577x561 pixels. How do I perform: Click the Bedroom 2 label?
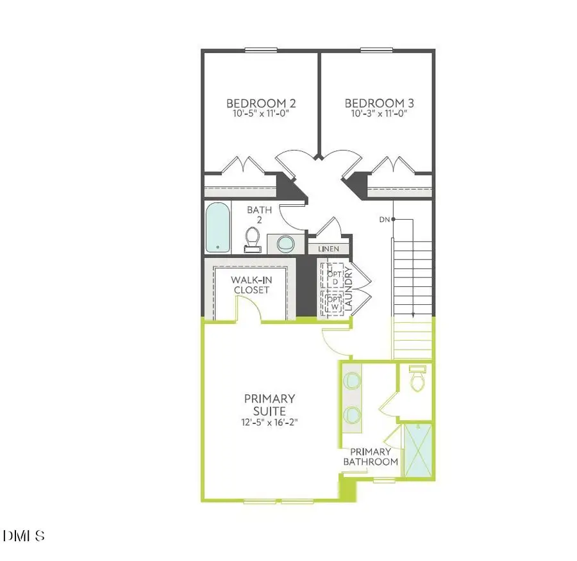[x=261, y=103]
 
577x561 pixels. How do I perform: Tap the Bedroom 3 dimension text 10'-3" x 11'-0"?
[x=376, y=114]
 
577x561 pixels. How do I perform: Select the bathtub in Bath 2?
[x=216, y=228]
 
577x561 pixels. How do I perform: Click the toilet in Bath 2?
[x=251, y=240]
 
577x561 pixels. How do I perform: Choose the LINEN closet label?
[x=328, y=248]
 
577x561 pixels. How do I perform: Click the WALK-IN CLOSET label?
[x=250, y=284]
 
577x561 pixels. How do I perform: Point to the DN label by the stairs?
[x=385, y=220]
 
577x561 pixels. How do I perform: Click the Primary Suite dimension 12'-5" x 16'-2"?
[x=269, y=422]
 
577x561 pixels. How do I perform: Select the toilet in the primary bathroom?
[x=417, y=378]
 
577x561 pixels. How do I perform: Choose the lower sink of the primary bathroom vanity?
[x=351, y=414]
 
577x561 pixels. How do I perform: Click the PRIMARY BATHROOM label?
[x=371, y=456]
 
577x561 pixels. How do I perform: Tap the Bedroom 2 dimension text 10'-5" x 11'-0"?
[x=261, y=114]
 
